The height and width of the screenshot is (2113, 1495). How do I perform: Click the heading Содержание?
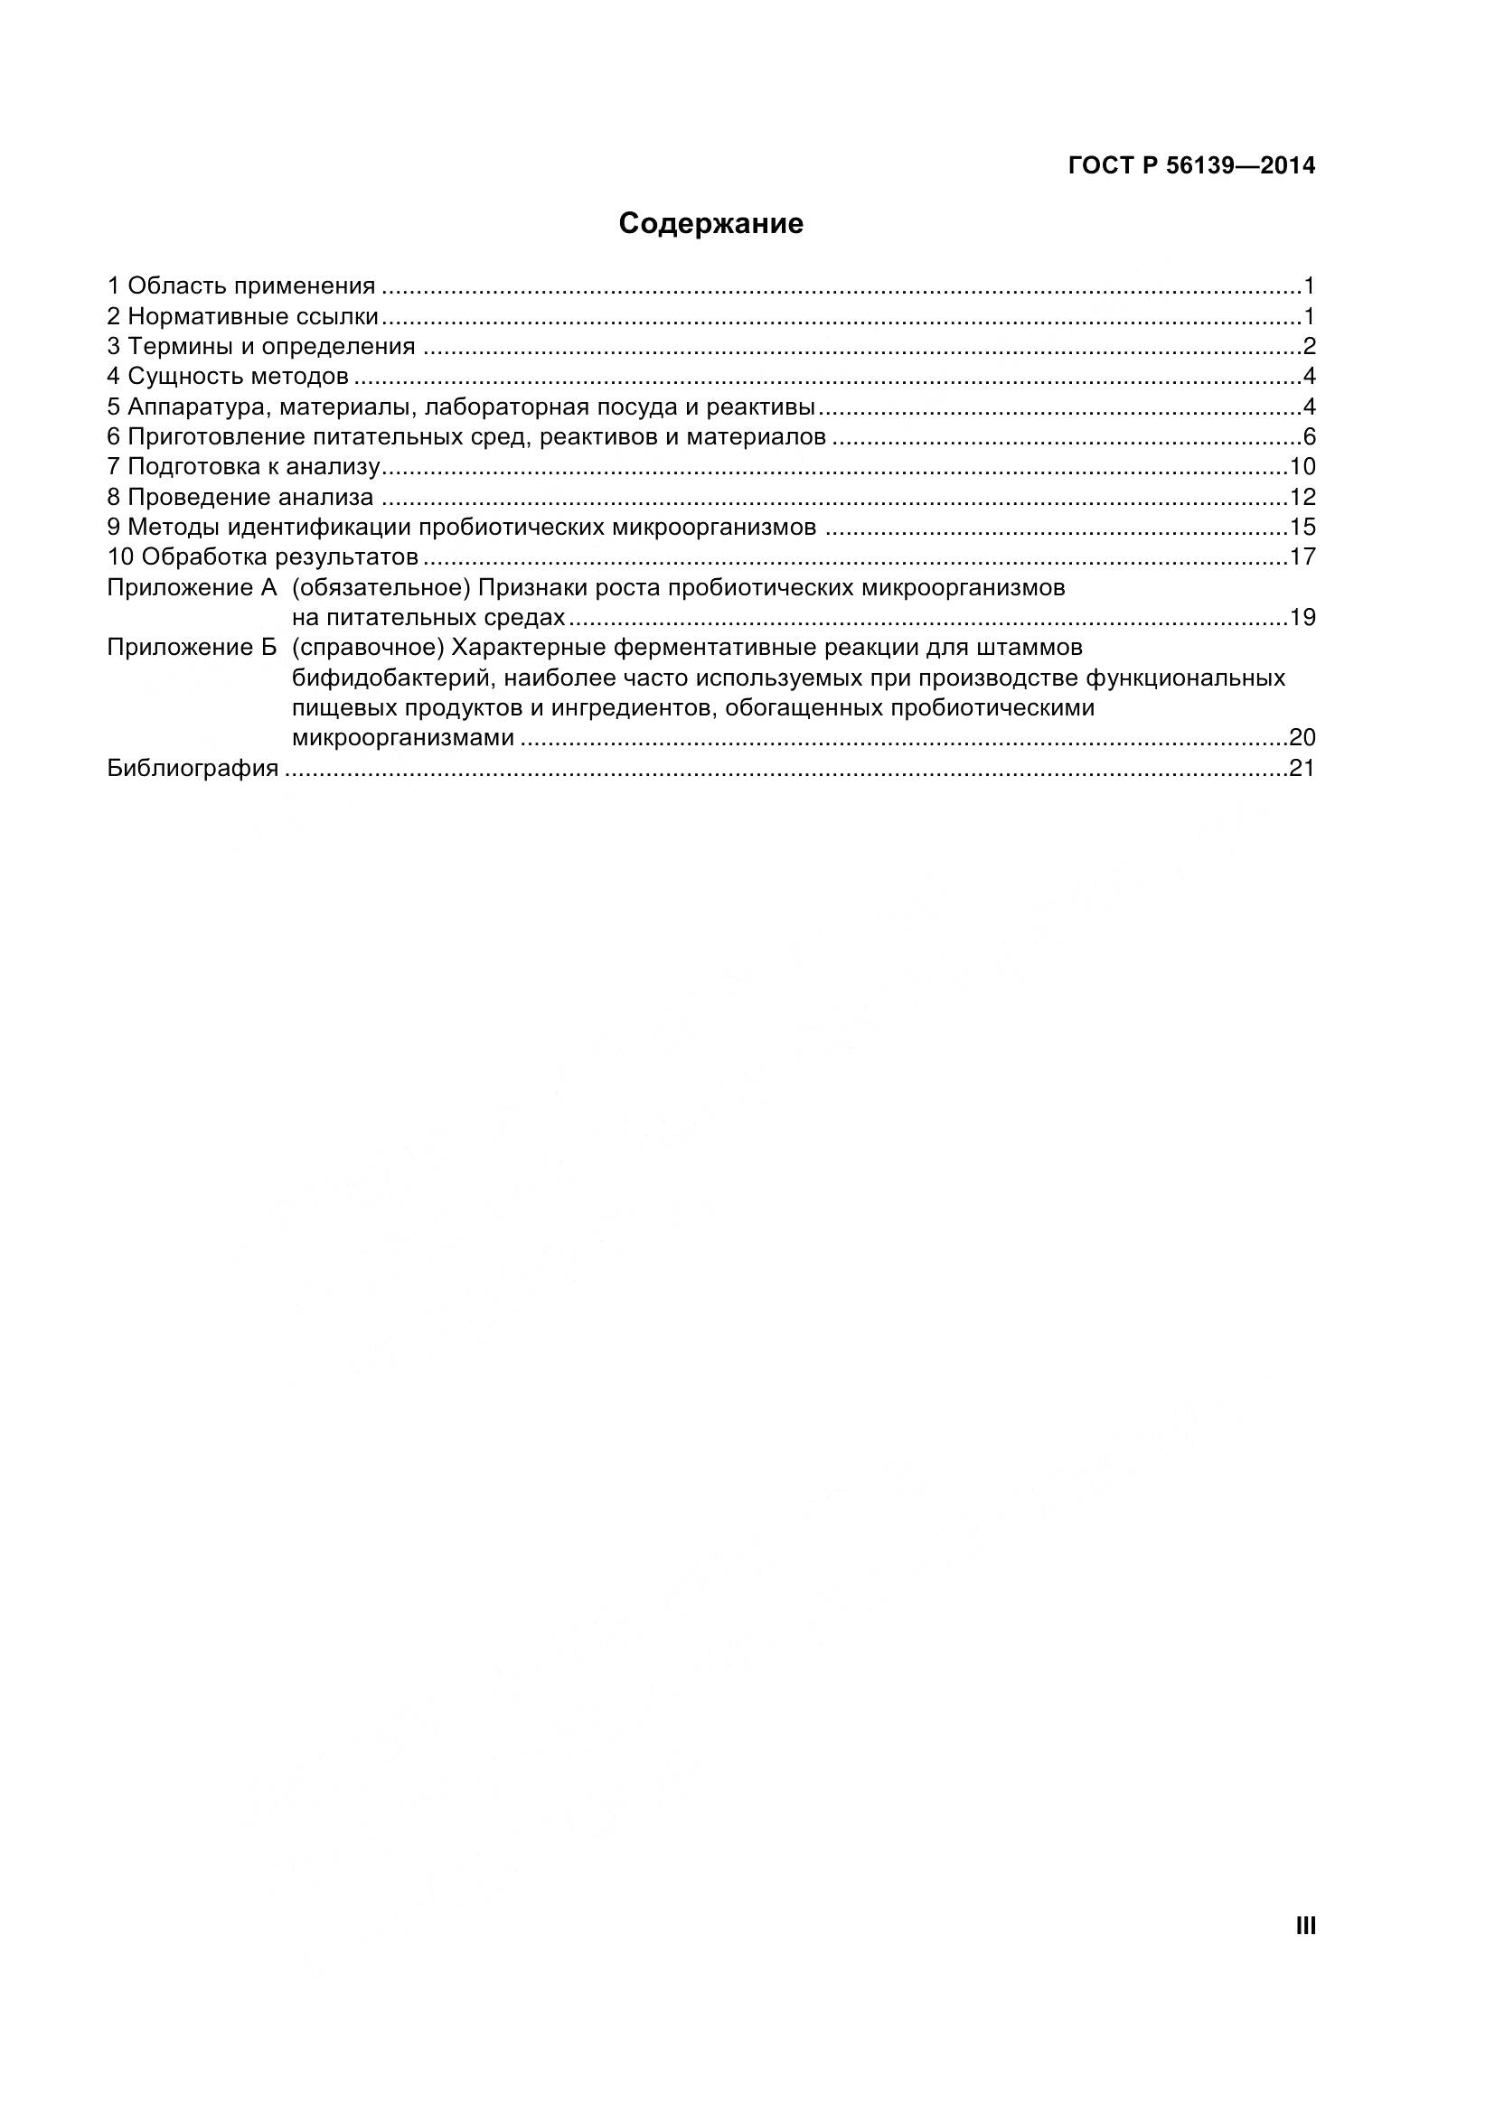[x=710, y=224]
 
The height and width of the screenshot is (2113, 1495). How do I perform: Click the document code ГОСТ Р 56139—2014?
[x=1191, y=165]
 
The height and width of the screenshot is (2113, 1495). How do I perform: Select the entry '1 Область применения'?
[x=241, y=286]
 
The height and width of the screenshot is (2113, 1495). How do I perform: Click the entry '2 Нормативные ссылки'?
[x=243, y=316]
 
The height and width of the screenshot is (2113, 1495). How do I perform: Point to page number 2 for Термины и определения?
[x=1308, y=347]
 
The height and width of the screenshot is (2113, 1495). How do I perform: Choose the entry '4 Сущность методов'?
[x=229, y=377]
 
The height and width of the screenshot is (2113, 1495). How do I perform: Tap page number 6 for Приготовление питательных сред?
[x=1308, y=437]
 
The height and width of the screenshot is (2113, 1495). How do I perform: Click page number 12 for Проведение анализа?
[x=1302, y=498]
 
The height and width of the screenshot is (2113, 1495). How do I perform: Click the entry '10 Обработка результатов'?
[x=263, y=557]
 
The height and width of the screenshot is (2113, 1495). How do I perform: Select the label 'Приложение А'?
[x=192, y=588]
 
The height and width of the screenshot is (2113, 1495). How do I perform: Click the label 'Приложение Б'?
[x=192, y=648]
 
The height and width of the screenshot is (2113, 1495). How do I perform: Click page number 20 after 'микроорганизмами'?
[x=1302, y=738]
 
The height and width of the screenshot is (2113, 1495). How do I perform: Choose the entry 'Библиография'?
[x=193, y=769]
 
